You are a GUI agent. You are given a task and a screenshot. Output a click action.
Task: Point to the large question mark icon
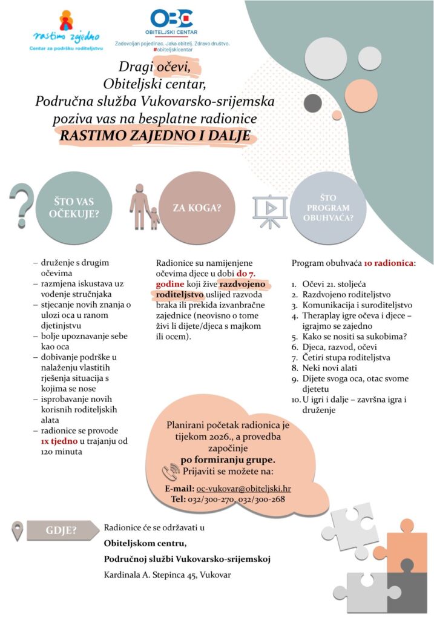point(22,206)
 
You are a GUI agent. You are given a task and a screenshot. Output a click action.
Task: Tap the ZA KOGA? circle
point(196,208)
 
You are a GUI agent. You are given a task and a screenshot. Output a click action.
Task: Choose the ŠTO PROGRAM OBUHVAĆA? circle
point(329,208)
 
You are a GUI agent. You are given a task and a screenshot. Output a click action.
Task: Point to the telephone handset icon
point(170,472)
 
